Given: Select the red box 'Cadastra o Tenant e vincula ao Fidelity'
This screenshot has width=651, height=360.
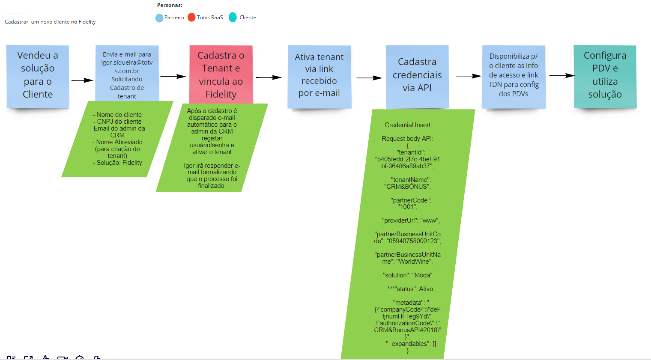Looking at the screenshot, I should coord(221,74).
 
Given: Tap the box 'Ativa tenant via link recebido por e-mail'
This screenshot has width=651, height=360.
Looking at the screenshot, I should coord(320,75).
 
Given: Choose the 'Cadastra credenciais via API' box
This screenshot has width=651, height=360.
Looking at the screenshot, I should coord(417,75).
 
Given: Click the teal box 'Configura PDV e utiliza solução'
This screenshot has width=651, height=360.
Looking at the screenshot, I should coord(605,75).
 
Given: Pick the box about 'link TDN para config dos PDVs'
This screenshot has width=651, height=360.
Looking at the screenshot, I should coord(514,75).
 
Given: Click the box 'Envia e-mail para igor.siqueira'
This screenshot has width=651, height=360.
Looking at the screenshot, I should coord(127,73).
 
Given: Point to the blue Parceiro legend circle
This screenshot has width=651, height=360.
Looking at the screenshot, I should coord(159,18).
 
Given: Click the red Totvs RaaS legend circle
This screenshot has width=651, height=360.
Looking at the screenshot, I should coord(191,18).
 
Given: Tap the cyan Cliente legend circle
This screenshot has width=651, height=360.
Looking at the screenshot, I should coord(233,18).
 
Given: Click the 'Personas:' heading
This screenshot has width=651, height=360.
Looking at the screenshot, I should coord(170,5).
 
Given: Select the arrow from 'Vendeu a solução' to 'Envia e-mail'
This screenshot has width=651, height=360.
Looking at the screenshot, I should coord(82,80).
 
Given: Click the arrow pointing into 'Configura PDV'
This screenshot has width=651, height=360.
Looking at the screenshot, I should coord(561,76).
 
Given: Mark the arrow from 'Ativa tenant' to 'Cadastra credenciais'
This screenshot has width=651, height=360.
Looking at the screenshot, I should coord(369,78).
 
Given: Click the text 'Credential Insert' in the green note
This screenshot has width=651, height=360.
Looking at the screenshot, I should coord(407,125).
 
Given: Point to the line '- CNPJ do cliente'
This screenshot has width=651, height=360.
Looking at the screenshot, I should coord(117,122).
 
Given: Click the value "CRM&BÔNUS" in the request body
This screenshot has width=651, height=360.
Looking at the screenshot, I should coord(407,187).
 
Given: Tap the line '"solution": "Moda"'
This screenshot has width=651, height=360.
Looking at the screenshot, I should coord(407,275).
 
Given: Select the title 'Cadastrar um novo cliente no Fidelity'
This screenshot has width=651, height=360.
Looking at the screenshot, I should coord(50,22).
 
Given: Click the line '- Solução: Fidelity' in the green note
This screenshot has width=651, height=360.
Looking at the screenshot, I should coord(117,163).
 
